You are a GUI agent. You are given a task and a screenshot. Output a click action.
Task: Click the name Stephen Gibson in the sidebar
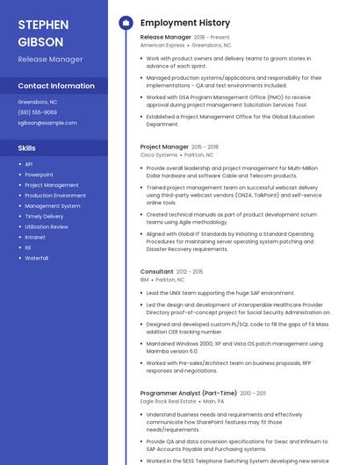click(x=40, y=32)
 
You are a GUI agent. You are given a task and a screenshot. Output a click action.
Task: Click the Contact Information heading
click(x=56, y=86)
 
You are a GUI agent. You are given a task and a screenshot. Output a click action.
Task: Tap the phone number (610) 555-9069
click(x=37, y=112)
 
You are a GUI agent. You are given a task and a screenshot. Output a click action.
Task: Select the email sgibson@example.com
click(x=47, y=123)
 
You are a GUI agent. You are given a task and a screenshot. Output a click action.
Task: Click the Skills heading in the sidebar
click(x=27, y=148)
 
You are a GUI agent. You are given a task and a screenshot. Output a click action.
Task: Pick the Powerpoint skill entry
click(x=39, y=175)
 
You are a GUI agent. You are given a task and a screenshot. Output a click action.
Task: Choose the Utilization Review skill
click(x=47, y=226)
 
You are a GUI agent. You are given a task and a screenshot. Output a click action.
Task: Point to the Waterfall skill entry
click(x=37, y=258)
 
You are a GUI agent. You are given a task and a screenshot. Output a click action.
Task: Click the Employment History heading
click(x=185, y=23)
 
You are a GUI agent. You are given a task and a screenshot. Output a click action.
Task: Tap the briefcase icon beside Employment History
click(x=126, y=23)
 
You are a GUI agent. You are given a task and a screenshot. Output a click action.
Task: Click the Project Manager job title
click(x=164, y=147)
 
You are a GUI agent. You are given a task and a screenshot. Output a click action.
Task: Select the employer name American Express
click(x=162, y=45)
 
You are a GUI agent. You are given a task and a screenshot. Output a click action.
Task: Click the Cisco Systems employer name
click(x=159, y=154)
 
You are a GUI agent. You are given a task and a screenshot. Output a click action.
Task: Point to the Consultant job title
click(x=157, y=272)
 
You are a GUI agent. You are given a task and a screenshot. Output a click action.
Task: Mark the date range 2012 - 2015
click(x=189, y=272)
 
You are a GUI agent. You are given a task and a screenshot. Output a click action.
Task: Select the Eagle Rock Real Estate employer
click(x=168, y=401)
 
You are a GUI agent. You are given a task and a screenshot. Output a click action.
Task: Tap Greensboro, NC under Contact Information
click(x=38, y=102)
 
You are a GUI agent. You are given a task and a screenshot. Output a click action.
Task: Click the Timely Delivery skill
click(x=44, y=216)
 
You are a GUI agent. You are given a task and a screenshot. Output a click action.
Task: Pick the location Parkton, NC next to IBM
click(x=170, y=280)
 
